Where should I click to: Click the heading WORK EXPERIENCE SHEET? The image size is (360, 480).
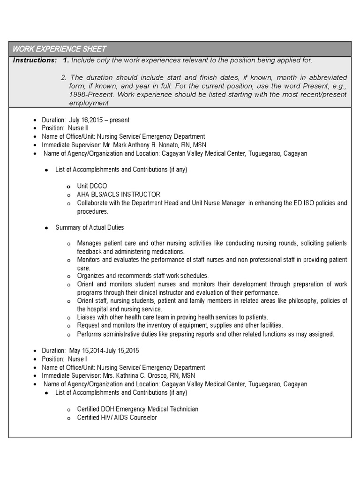click(60, 49)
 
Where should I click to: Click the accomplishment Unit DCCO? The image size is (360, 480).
click(92, 186)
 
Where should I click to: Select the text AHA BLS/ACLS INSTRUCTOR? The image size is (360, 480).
click(119, 195)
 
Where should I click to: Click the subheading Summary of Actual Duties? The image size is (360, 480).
click(90, 227)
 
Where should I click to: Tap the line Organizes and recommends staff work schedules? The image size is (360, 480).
click(143, 276)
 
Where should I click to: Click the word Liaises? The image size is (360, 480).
click(88, 317)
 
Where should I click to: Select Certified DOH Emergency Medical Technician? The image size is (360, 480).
click(137, 409)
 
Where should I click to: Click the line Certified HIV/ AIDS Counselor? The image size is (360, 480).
click(117, 418)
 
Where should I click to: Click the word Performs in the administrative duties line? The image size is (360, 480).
click(90, 334)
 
